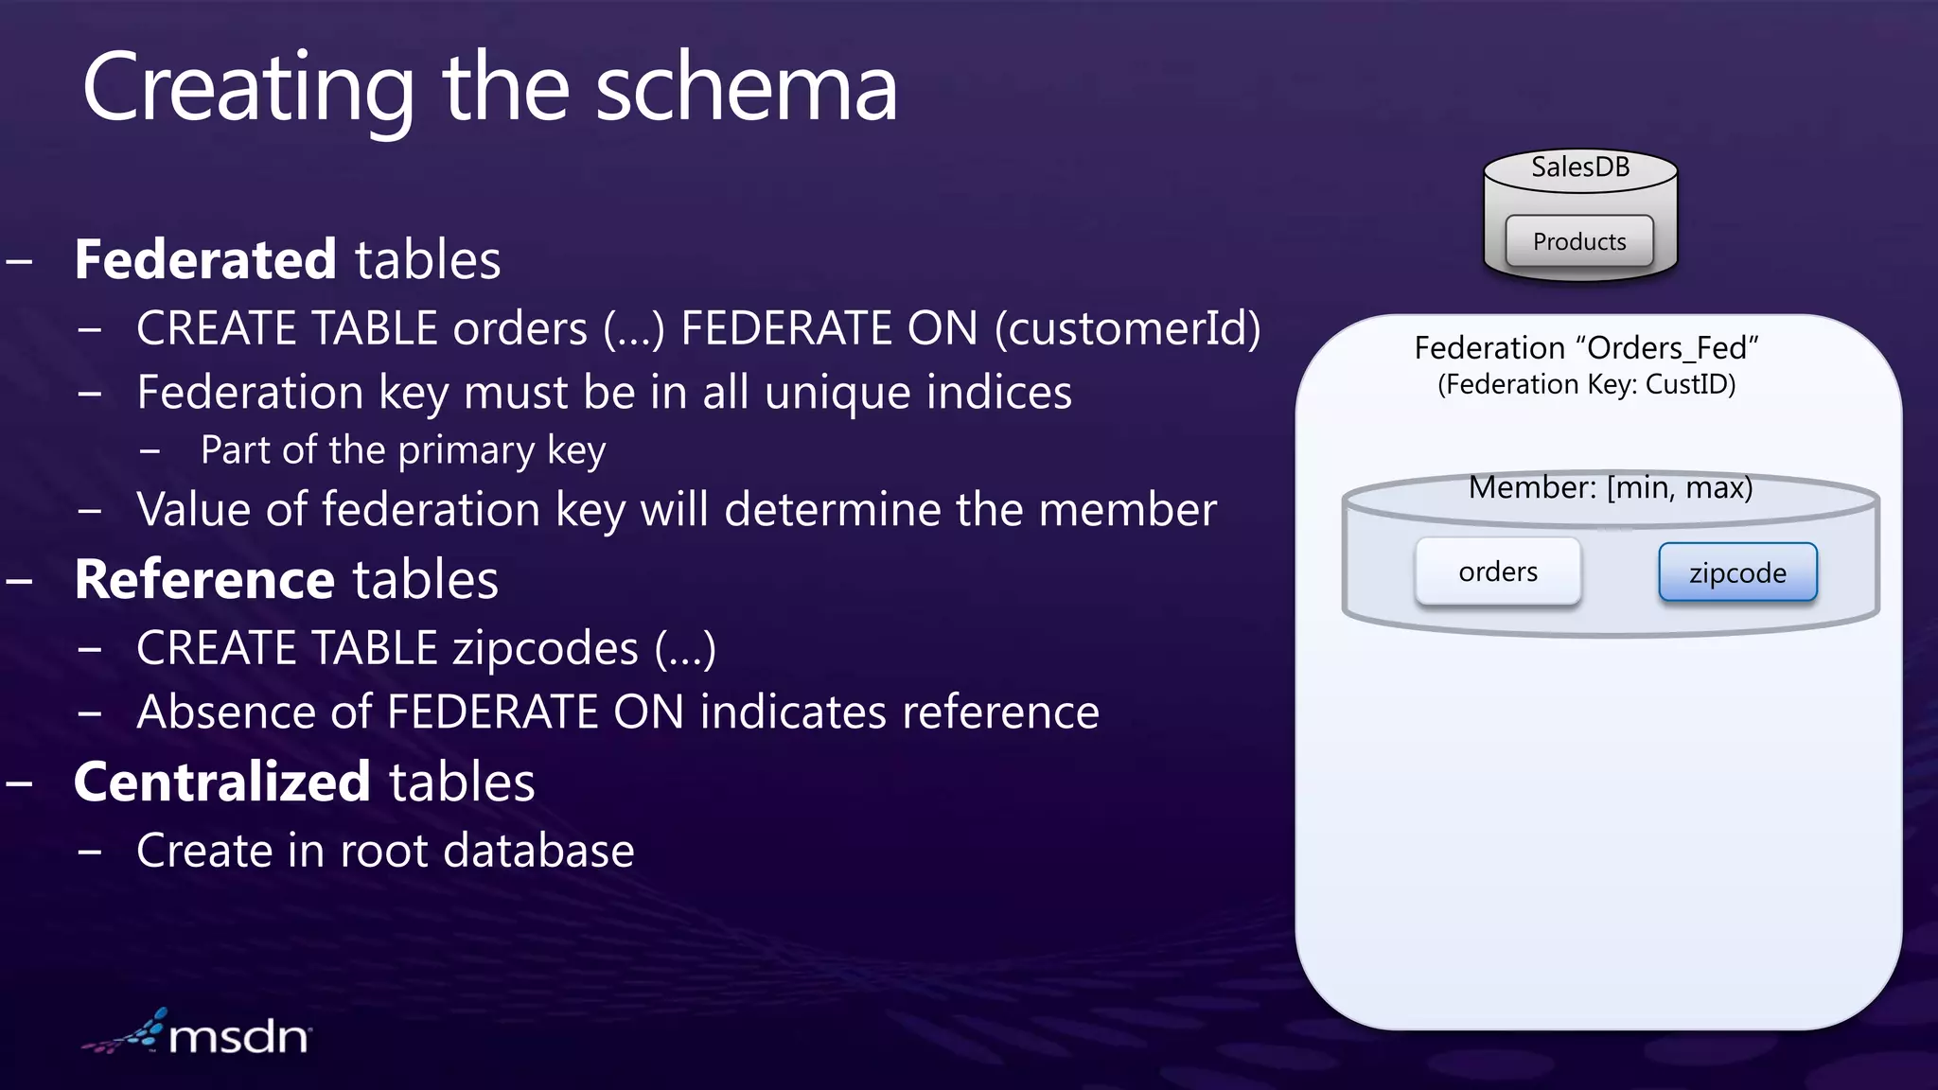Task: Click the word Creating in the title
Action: [248, 90]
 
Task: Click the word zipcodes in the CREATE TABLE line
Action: [545, 648]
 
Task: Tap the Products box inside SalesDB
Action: [1579, 241]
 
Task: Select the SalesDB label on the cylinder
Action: [1580, 167]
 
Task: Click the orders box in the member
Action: [1498, 571]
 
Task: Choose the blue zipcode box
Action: [1737, 572]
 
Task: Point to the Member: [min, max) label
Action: [1611, 487]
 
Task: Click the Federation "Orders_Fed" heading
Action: [1586, 348]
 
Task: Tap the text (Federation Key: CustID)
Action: [1586, 384]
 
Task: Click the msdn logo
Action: [199, 1034]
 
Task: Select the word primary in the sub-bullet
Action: [467, 450]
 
